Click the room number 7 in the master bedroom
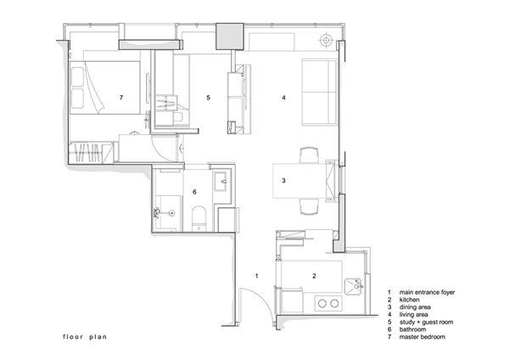121,97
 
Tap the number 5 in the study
209,97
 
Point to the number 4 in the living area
283,97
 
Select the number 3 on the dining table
283,180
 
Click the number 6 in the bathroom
194,192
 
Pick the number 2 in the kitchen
314,276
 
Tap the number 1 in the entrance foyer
257,276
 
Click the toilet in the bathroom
199,217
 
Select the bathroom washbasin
221,181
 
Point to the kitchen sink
354,286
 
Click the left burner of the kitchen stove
322,304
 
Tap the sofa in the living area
319,92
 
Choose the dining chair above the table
309,155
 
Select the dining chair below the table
309,206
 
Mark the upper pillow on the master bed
77,77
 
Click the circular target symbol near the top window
327,40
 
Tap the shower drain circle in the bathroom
171,213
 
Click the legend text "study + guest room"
426,323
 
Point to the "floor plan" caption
85,337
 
